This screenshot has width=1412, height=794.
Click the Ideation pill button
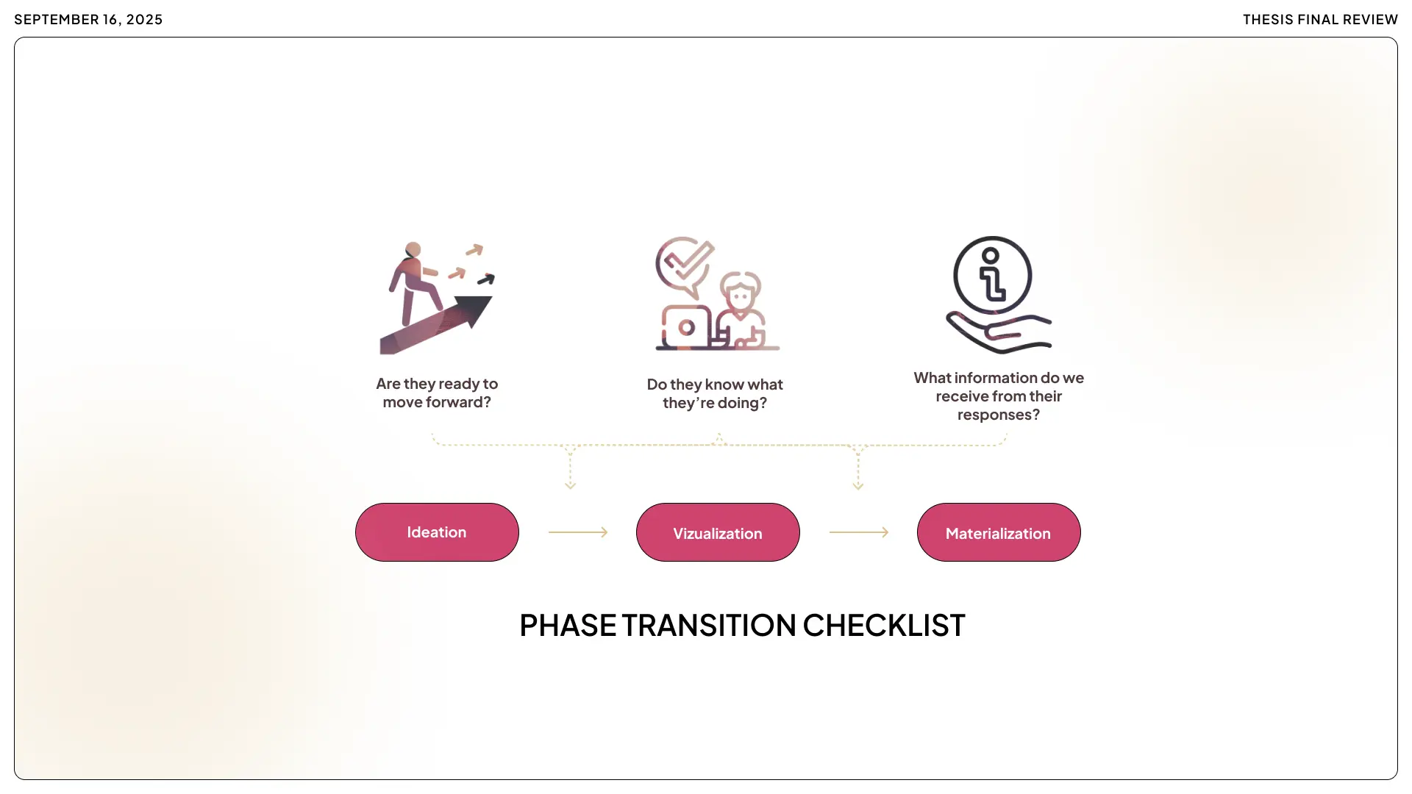click(437, 532)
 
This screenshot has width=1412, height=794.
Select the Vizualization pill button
click(718, 532)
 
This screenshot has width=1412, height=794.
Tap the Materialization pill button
click(999, 532)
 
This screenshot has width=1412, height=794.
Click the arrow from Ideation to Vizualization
click(578, 532)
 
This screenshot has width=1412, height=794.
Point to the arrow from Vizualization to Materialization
click(859, 532)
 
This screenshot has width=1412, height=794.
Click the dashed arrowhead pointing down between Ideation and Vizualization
click(570, 484)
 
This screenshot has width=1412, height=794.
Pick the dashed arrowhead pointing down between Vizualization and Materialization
click(857, 484)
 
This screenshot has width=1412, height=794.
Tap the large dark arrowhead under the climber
click(474, 309)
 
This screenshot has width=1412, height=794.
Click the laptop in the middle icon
click(686, 327)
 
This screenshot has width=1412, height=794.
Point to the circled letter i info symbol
click(992, 276)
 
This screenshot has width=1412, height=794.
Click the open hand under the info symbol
click(999, 335)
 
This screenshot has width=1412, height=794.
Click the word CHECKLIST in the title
click(883, 626)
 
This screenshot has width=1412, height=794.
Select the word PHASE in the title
click(568, 626)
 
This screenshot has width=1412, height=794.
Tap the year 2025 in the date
click(144, 20)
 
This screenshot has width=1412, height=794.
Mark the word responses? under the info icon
click(998, 415)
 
